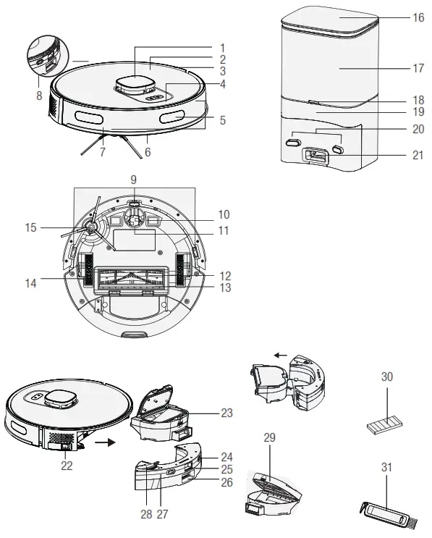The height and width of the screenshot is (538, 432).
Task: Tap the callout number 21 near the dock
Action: [418, 154]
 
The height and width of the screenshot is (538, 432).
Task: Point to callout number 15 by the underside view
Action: [29, 227]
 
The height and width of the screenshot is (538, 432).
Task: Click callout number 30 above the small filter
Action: [386, 377]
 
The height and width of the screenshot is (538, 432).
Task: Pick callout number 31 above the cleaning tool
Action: [386, 468]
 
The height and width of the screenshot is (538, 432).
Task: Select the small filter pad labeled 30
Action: [386, 423]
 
